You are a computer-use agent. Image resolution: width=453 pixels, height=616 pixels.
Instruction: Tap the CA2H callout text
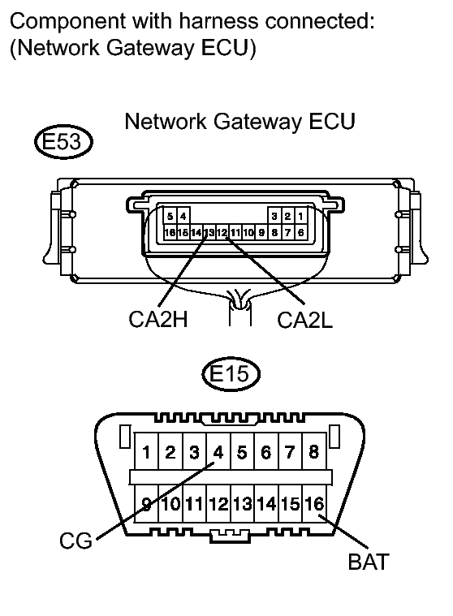click(x=158, y=318)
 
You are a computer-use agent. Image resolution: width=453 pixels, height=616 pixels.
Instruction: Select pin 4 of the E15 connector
click(x=218, y=452)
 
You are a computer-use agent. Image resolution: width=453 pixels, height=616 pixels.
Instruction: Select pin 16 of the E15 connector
click(x=313, y=504)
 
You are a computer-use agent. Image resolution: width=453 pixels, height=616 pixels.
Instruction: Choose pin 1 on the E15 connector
click(x=145, y=452)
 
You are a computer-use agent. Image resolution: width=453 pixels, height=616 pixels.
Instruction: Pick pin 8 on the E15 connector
click(x=313, y=452)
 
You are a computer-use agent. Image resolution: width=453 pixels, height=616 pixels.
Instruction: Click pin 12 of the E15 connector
click(x=218, y=504)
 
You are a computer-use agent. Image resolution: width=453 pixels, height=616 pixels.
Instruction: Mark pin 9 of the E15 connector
click(x=147, y=504)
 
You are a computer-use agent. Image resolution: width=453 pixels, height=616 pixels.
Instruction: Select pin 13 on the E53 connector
click(x=209, y=232)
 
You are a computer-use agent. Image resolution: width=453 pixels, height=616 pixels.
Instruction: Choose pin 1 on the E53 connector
click(x=300, y=217)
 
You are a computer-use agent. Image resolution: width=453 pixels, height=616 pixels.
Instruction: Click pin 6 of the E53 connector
click(x=300, y=232)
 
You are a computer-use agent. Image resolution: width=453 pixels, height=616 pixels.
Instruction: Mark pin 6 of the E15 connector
click(x=265, y=452)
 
